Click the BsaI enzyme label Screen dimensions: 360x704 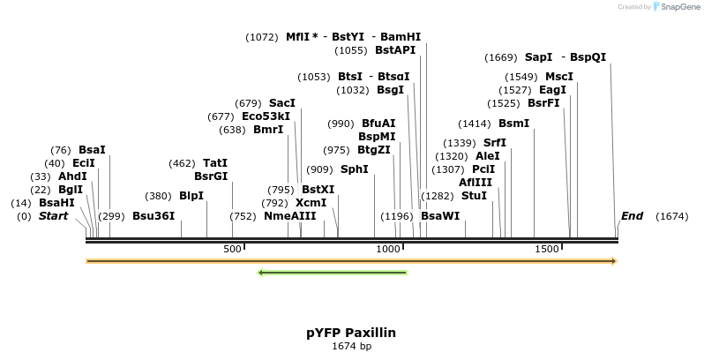tap(92, 150)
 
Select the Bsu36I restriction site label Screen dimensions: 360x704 tap(154, 216)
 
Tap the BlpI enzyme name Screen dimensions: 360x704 tap(191, 196)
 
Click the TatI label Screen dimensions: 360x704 tap(215, 163)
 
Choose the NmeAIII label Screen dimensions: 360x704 tap(289, 216)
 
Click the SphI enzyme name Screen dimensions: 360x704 tap(355, 169)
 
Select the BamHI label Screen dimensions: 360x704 tap(401, 37)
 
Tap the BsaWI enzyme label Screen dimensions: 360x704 tap(440, 216)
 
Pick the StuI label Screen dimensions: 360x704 tap(474, 196)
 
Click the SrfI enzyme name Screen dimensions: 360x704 tap(495, 143)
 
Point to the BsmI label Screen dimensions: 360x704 tap(513, 124)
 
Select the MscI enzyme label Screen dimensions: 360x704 tap(559, 77)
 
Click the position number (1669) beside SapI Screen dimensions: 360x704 tap(501, 57)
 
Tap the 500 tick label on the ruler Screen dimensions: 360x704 tap(232, 250)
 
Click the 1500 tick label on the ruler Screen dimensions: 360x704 tap(546, 250)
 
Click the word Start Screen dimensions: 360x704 tap(53, 216)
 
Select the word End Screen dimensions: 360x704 tap(632, 216)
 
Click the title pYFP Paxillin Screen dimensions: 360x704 tap(351, 333)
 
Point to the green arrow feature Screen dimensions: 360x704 tap(332, 273)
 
